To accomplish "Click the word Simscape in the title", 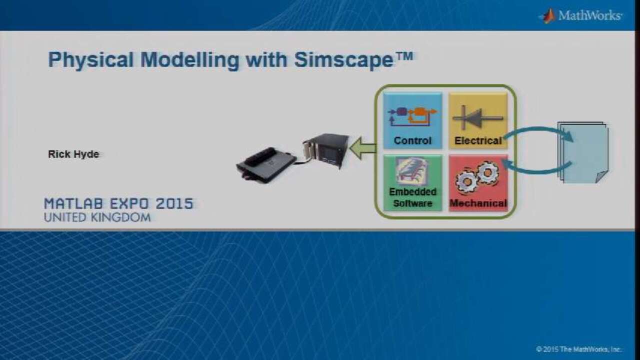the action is pyautogui.click(x=343, y=60).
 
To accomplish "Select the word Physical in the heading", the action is pyautogui.click(x=91, y=60).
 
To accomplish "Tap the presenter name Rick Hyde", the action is pyautogui.click(x=73, y=154).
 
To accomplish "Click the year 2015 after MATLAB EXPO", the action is pyautogui.click(x=174, y=203).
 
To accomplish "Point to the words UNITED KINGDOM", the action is pyautogui.click(x=97, y=217).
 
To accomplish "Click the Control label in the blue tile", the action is pyautogui.click(x=412, y=140).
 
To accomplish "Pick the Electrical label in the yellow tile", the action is pyautogui.click(x=478, y=140).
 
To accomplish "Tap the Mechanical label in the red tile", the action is pyautogui.click(x=478, y=203).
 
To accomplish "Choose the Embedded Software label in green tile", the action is pyautogui.click(x=413, y=197).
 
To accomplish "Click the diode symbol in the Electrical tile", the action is pyautogui.click(x=477, y=117).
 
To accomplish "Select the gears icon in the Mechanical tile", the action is pyautogui.click(x=477, y=177).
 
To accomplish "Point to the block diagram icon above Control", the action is pyautogui.click(x=412, y=116).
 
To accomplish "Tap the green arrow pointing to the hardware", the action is pyautogui.click(x=363, y=148).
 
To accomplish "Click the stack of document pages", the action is pyautogui.click(x=583, y=152).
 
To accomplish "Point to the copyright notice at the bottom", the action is pyautogui.click(x=579, y=349).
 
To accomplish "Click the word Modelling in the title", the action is pyautogui.click(x=189, y=60).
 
